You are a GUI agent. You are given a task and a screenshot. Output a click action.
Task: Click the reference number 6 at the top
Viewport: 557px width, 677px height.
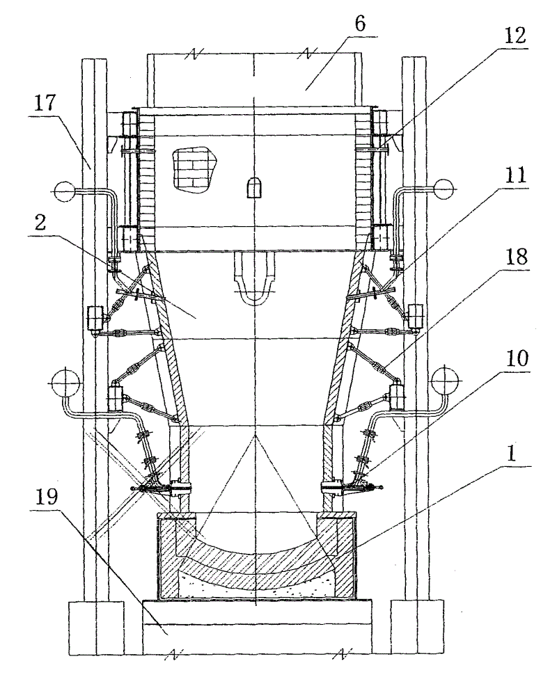tap(361, 24)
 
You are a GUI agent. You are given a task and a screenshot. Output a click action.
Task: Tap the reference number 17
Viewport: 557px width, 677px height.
tap(45, 104)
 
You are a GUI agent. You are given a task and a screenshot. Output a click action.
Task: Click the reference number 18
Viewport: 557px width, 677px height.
tap(516, 257)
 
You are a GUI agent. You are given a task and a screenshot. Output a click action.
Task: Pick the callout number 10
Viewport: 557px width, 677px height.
tap(517, 358)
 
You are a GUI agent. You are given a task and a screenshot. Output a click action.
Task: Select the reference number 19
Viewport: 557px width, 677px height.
tap(46, 497)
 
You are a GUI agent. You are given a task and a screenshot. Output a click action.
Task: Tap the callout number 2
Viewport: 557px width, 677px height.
tap(41, 223)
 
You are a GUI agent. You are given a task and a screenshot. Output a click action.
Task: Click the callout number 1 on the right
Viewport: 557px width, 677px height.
tap(511, 454)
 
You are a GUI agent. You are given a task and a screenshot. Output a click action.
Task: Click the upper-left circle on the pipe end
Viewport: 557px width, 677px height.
tap(65, 191)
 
